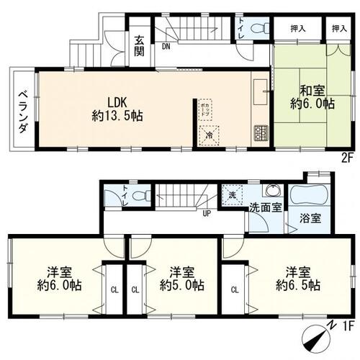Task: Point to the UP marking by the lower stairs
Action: coord(207,213)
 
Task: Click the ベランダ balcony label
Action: coord(22,111)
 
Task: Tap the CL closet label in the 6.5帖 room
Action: coord(235,289)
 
